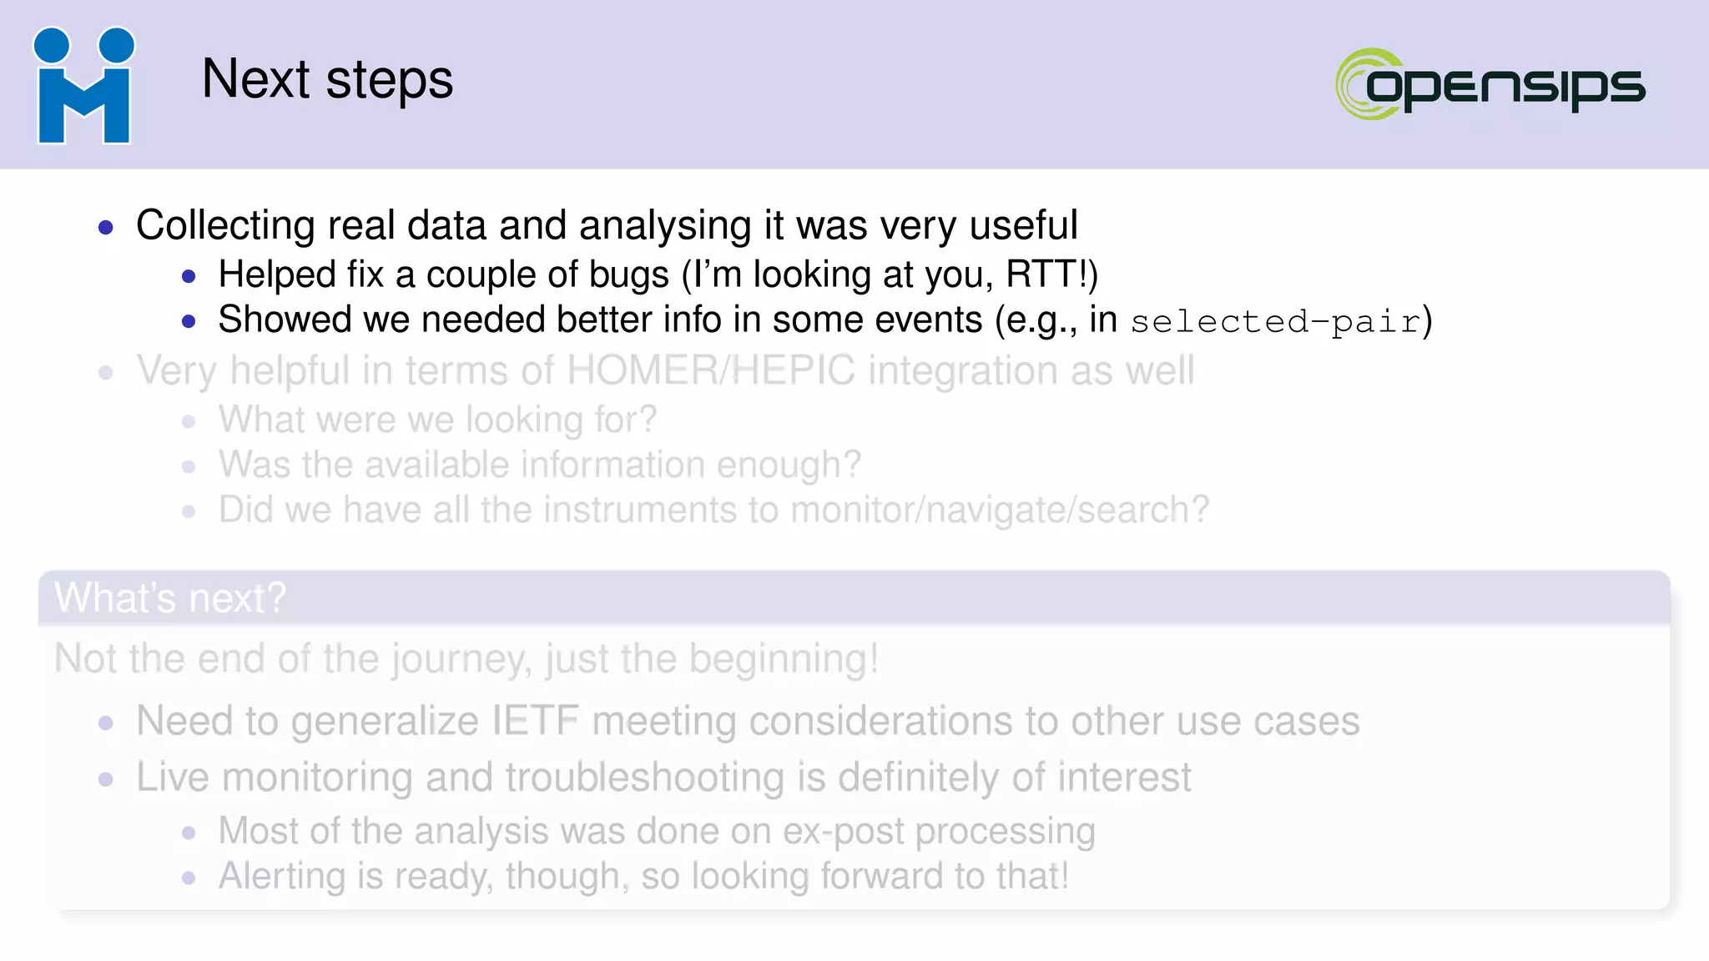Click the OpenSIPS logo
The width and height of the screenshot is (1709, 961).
pyautogui.click(x=1490, y=84)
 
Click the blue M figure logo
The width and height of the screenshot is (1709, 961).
pyautogui.click(x=83, y=86)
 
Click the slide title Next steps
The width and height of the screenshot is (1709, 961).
pyautogui.click(x=327, y=80)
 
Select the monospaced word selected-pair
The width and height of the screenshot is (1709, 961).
pyautogui.click(x=1275, y=322)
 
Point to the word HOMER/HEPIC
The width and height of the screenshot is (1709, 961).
pyautogui.click(x=711, y=370)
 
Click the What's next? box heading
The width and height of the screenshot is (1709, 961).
pyautogui.click(x=170, y=598)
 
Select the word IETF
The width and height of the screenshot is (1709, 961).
pyautogui.click(x=535, y=721)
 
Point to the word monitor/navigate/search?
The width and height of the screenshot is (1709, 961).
pyautogui.click(x=999, y=510)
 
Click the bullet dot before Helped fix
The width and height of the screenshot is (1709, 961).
pyautogui.click(x=189, y=276)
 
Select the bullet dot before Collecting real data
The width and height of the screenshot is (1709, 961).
pyautogui.click(x=105, y=227)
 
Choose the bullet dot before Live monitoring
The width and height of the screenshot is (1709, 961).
pyautogui.click(x=105, y=779)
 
